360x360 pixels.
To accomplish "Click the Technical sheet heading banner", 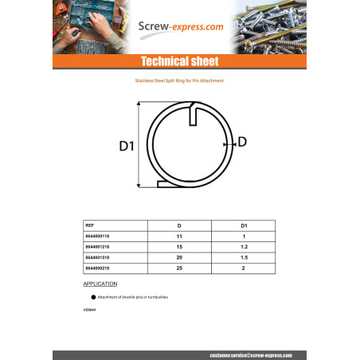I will click(x=180, y=62).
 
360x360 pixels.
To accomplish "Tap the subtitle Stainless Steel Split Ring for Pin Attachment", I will click(x=181, y=81).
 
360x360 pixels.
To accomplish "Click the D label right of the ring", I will click(x=242, y=142).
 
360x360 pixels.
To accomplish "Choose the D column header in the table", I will click(x=178, y=226).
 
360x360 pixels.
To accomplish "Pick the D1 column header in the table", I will click(x=243, y=226).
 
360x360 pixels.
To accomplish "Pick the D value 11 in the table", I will click(x=178, y=237).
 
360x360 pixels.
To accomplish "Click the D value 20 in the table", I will click(x=178, y=258).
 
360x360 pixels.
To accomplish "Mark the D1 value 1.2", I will click(x=243, y=247).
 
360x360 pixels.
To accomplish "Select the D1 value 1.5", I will click(x=243, y=258).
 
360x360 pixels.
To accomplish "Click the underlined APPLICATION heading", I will click(x=100, y=284).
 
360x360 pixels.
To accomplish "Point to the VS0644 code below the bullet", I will click(x=88, y=307).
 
